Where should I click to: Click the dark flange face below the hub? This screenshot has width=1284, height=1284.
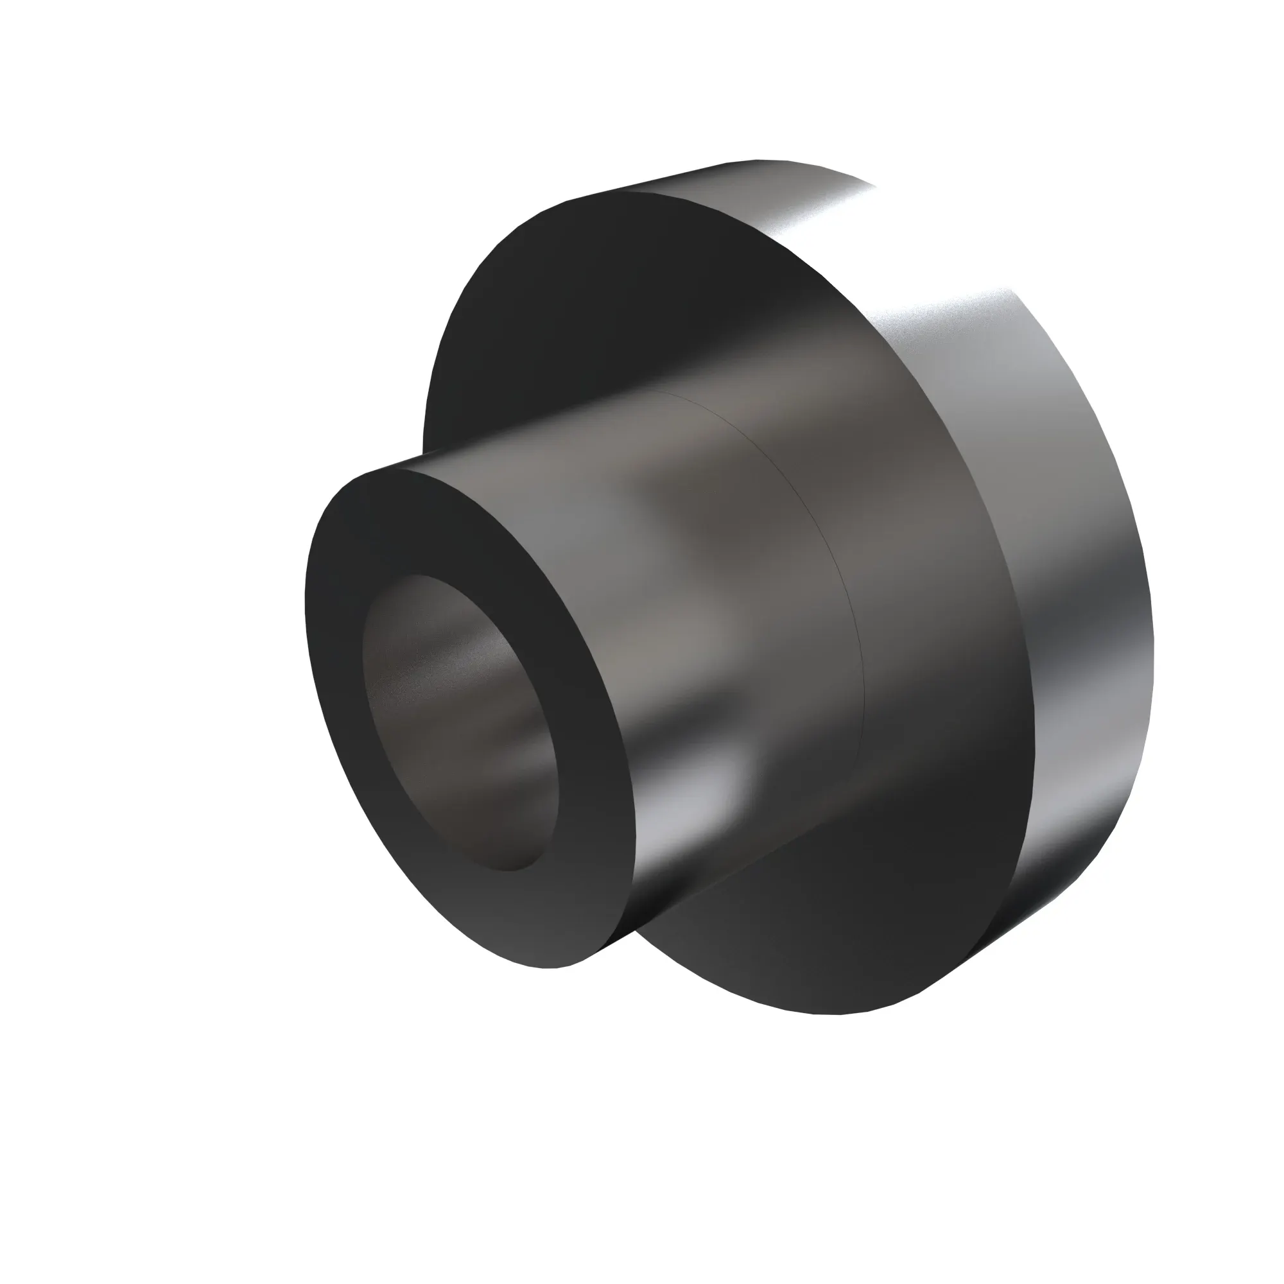pyautogui.click(x=831, y=930)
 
